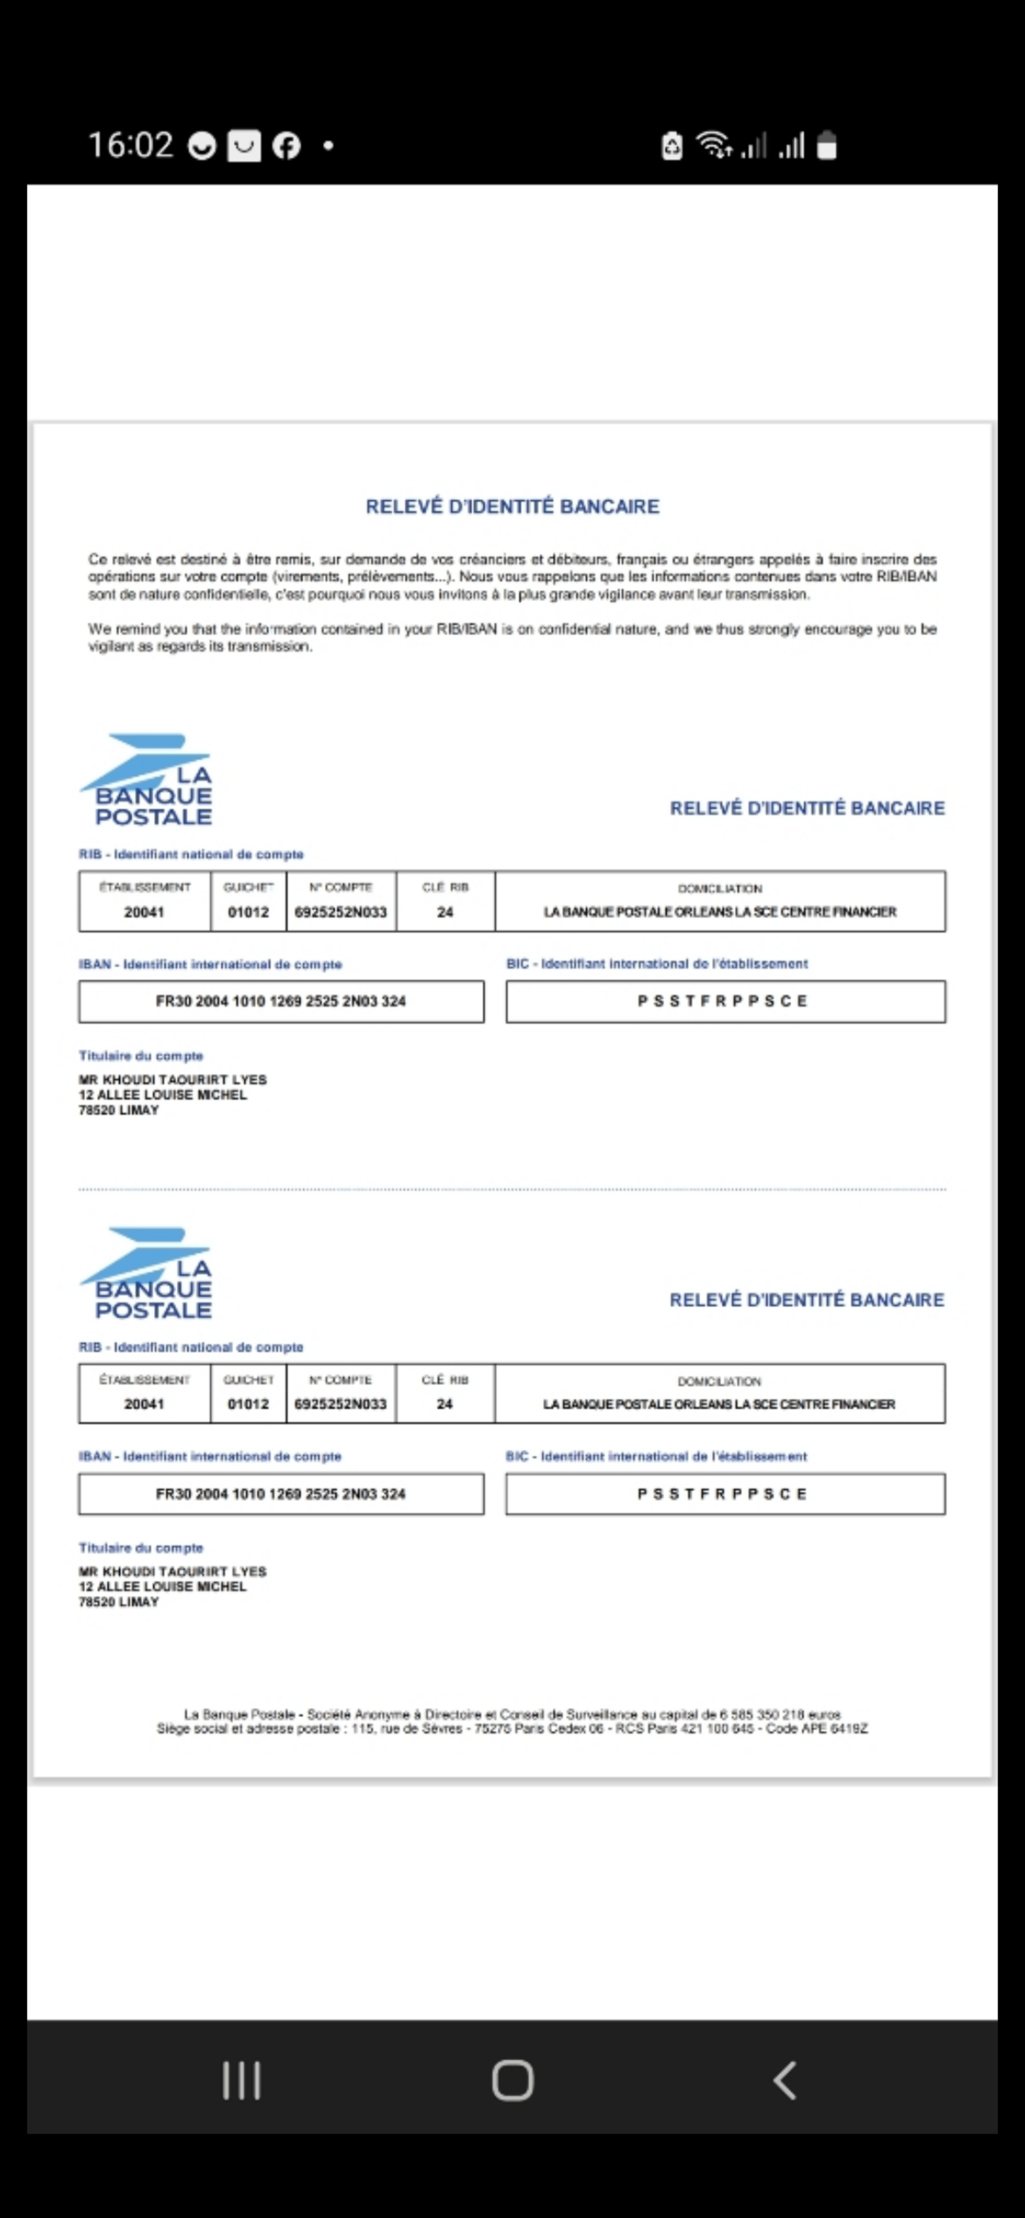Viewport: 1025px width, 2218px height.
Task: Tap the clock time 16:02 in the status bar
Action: tap(131, 145)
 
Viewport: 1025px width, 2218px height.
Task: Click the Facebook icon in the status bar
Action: tap(287, 146)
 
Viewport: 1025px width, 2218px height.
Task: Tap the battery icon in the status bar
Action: tap(827, 146)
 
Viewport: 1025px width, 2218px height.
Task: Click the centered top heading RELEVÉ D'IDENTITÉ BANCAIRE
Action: tap(512, 506)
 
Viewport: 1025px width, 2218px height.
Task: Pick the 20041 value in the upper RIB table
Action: tap(144, 912)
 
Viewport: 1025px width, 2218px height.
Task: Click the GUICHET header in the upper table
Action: tap(248, 887)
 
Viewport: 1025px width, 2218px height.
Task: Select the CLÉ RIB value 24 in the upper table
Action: tap(444, 912)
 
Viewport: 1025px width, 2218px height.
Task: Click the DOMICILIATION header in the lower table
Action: tap(719, 1381)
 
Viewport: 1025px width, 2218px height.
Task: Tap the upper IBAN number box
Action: tap(281, 1001)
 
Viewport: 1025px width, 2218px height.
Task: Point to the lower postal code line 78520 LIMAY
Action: tap(119, 1603)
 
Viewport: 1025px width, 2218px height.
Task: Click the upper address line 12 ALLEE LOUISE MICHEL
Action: tap(163, 1095)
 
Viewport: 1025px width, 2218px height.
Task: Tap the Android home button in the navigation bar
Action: tap(512, 2081)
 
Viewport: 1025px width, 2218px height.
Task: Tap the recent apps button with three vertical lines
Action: tap(242, 2081)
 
